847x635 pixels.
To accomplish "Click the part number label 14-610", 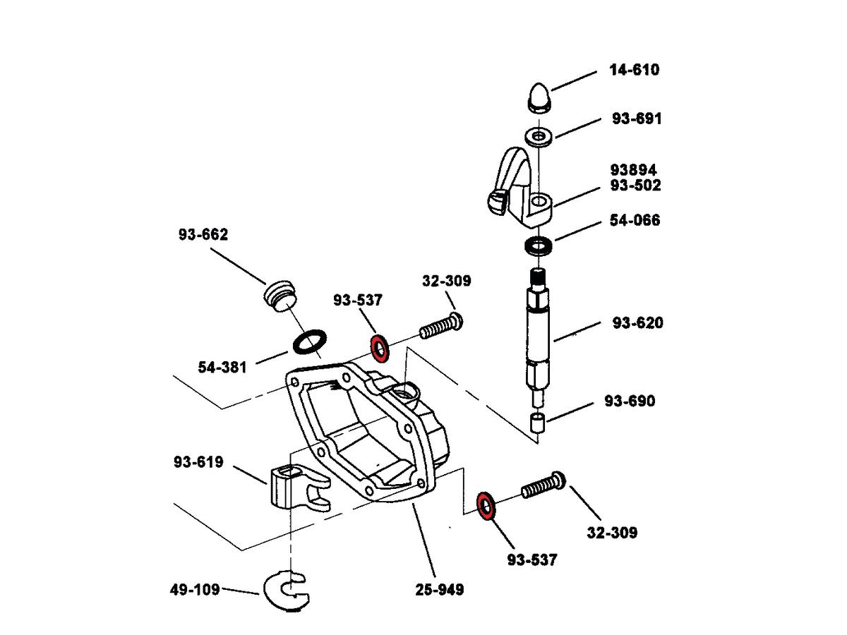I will coord(634,70).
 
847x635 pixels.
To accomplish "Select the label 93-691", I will coord(637,119).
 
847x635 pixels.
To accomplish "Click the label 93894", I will coord(634,170).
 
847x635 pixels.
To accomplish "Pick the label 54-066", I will coord(635,221).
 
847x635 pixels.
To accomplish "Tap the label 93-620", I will coord(637,323).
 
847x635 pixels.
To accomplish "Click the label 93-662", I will coord(203,235).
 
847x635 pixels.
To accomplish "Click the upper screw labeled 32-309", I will coord(441,327).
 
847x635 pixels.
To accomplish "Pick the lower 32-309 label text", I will coord(612,532).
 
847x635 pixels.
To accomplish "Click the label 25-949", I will coord(440,589).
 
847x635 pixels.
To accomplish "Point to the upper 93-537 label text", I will coord(358,301).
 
